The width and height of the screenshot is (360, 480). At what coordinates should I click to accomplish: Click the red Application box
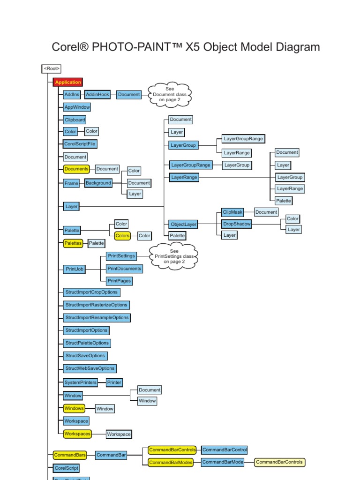68,82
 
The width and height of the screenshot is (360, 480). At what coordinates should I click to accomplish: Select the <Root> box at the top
52,69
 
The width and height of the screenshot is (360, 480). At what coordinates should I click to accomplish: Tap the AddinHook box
97,94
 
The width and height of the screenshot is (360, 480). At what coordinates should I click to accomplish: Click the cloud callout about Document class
169,94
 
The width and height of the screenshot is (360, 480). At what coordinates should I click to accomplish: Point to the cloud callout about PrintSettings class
174,256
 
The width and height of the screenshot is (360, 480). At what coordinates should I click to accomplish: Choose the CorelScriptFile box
80,144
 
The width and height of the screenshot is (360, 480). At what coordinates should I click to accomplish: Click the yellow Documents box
76,169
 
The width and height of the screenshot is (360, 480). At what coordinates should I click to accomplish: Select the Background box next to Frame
98,183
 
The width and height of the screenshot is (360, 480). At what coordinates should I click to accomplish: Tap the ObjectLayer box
184,225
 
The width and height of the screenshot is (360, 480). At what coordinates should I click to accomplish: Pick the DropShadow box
237,224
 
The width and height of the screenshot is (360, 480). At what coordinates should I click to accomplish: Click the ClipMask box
233,212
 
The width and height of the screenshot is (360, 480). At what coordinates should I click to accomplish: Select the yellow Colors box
122,236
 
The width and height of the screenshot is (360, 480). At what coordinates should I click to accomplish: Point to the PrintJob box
74,269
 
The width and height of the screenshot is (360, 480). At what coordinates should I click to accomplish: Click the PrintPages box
119,281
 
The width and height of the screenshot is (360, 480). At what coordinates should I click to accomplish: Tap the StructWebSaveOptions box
90,368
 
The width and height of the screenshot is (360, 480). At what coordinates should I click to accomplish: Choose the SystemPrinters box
81,382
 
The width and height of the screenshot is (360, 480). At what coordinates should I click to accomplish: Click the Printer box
114,382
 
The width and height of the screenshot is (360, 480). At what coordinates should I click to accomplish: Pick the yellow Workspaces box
77,434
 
